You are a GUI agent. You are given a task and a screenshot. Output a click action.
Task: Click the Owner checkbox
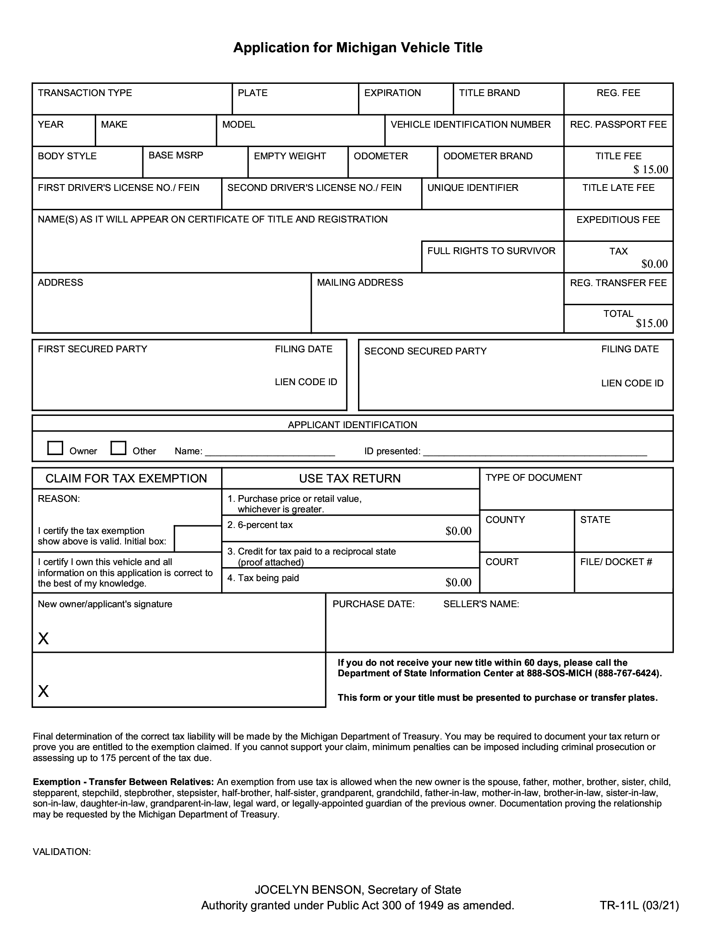point(55,448)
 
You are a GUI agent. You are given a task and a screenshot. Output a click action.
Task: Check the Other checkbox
point(118,448)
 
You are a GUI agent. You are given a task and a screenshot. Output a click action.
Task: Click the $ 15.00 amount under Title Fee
point(650,169)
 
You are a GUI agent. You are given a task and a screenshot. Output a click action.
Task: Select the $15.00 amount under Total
point(652,324)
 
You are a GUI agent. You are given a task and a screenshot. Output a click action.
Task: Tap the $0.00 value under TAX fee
point(654,264)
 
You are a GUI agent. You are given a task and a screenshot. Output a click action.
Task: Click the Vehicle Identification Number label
point(470,124)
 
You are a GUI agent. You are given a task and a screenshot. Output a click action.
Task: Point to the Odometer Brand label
point(487,156)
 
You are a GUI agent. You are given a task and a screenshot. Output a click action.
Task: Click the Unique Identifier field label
point(473,188)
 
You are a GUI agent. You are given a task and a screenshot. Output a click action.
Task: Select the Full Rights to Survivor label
point(491,251)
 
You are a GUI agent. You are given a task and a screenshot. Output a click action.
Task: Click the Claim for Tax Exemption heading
point(126,478)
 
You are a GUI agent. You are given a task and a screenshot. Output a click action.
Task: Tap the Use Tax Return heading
point(350,478)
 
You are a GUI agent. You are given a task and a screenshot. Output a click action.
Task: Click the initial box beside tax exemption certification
point(198,539)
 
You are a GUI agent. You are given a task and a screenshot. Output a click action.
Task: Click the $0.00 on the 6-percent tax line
point(458,531)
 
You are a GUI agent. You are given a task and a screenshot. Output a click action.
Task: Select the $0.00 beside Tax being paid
point(458,582)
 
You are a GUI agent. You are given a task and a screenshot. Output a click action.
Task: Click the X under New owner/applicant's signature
point(43,638)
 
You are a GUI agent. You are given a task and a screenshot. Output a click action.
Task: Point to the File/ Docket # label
point(616,562)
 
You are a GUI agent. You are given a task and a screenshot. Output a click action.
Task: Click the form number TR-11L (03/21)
point(639,906)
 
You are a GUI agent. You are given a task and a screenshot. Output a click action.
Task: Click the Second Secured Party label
point(425,351)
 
